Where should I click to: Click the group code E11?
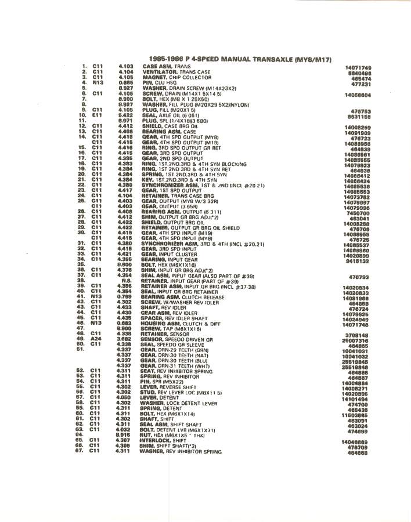[97, 115]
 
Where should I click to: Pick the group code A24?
[97, 339]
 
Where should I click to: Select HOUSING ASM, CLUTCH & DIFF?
[181, 322]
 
